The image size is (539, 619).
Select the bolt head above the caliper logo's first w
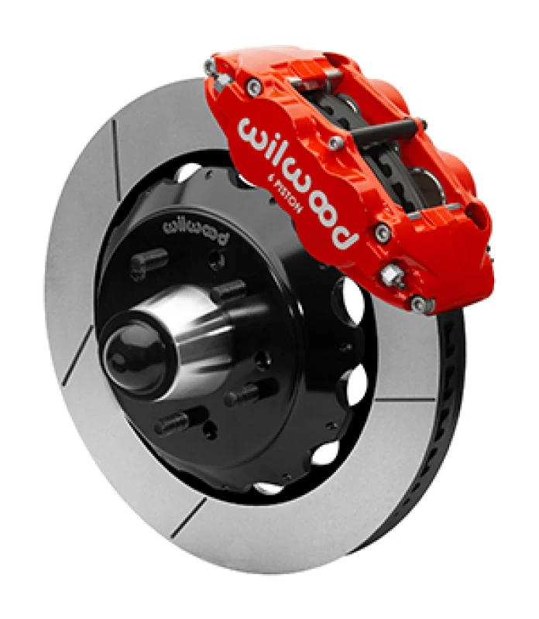[252, 90]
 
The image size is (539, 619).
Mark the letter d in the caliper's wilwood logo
[345, 231]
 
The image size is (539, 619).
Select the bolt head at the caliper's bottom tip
[420, 303]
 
